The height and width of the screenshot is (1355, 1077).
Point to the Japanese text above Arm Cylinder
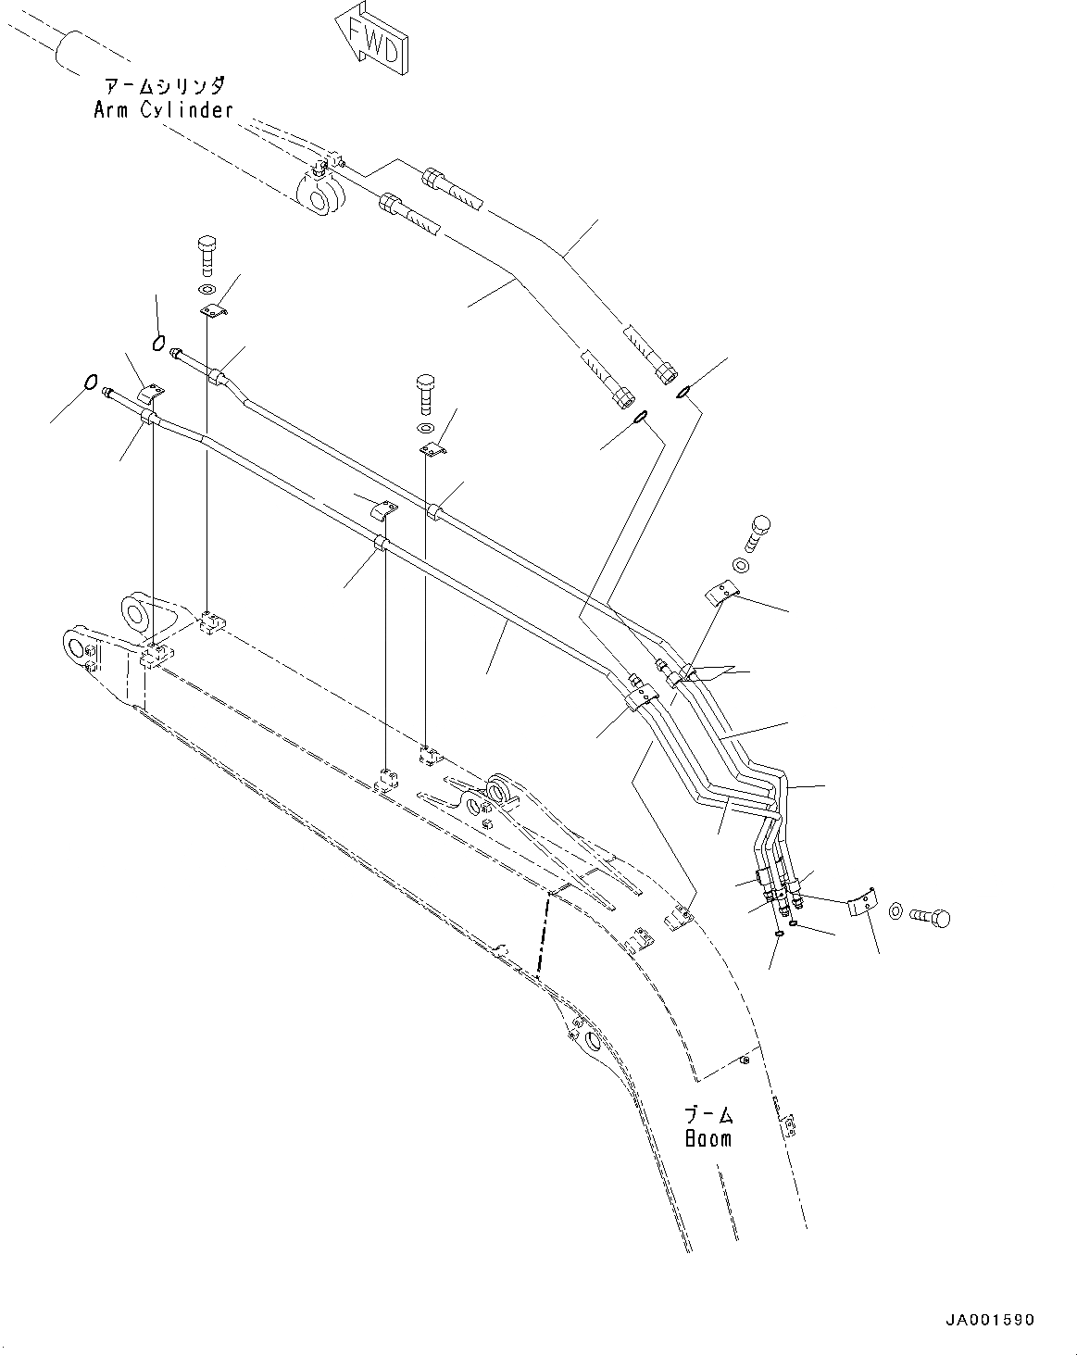(x=162, y=87)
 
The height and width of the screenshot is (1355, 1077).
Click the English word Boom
(x=708, y=1137)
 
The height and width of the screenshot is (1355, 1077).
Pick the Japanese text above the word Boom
(x=708, y=1114)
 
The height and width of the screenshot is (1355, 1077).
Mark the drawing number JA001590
(x=990, y=1319)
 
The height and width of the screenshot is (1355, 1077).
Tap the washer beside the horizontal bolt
(x=896, y=912)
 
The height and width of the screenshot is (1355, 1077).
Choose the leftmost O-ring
(x=91, y=381)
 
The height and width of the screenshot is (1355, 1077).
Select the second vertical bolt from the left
(x=425, y=393)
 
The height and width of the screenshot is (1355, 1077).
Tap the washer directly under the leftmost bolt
(x=205, y=291)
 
